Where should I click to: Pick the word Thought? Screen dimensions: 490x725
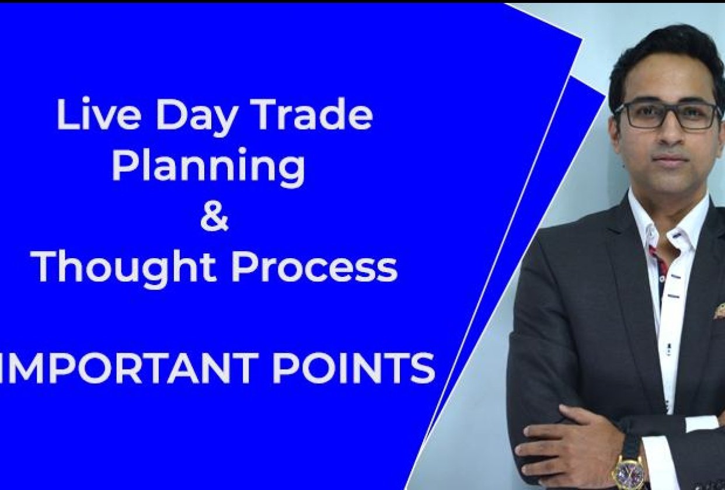click(125, 269)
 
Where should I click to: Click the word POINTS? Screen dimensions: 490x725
click(354, 368)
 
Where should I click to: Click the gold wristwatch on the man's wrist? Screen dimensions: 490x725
click(629, 471)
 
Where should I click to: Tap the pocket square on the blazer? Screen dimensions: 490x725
click(719, 311)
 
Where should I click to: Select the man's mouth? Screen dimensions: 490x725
click(669, 160)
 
